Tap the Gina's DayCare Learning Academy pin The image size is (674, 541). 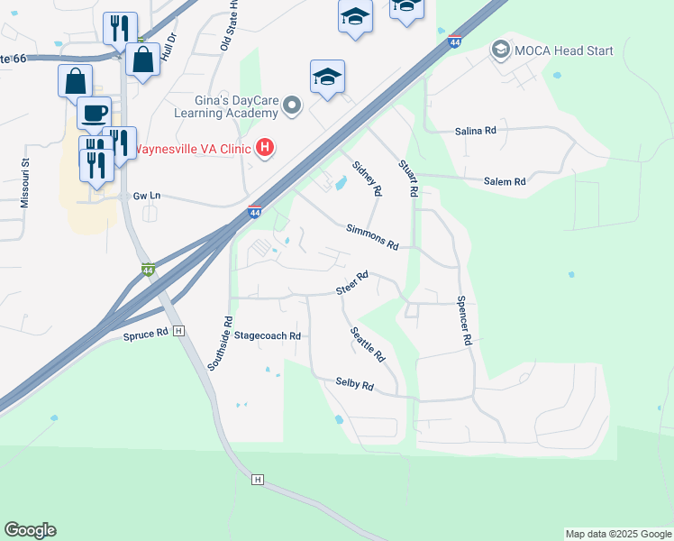click(292, 106)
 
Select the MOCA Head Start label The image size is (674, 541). click(563, 50)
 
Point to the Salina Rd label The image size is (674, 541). click(477, 131)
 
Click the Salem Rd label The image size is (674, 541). click(504, 181)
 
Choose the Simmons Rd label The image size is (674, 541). click(372, 236)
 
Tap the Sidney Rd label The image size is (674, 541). click(368, 179)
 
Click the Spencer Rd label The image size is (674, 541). click(464, 321)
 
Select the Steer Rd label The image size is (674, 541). click(352, 282)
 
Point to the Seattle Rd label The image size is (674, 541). click(368, 344)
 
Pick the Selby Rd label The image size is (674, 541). click(354, 385)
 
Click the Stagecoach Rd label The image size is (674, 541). click(267, 335)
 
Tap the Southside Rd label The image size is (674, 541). click(220, 343)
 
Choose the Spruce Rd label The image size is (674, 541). click(146, 334)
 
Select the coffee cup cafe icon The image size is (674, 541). click(94, 114)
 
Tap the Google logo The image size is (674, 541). click(30, 530)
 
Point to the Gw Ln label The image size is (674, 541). click(146, 195)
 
